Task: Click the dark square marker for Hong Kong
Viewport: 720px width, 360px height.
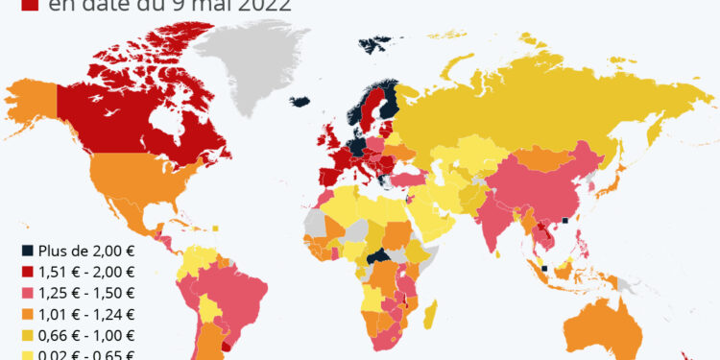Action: click(566, 221)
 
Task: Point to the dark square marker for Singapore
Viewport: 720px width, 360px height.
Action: click(545, 269)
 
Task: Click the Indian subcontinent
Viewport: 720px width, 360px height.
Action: click(499, 216)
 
